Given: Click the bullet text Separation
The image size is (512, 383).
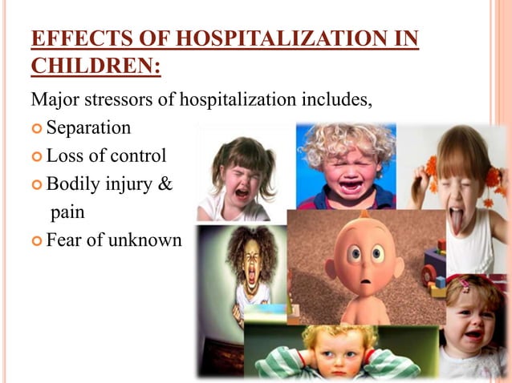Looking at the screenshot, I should click(x=88, y=127).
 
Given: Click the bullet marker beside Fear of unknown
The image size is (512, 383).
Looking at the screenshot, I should click(x=37, y=240).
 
